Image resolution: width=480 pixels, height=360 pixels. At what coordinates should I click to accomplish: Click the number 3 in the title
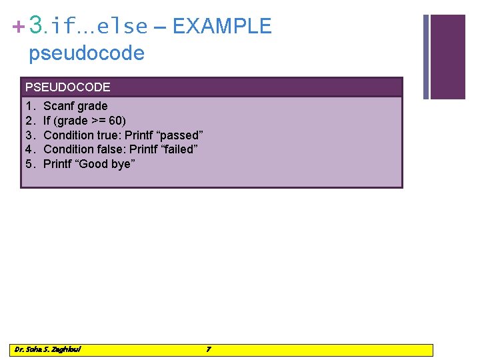point(37,25)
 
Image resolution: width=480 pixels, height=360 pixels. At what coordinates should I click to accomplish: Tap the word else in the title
point(122,27)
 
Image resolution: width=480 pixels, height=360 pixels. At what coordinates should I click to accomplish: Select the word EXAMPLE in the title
point(222,26)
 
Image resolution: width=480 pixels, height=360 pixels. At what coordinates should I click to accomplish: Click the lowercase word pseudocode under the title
point(86,53)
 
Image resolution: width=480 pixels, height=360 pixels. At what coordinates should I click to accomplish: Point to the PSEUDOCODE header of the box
point(67,87)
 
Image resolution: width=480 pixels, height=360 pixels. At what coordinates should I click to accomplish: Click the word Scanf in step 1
point(59,106)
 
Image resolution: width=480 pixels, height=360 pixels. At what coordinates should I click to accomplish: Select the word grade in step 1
point(93,106)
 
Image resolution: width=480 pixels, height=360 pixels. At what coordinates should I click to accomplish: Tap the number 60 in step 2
point(115,121)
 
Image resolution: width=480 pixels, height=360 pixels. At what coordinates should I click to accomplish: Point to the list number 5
point(29,165)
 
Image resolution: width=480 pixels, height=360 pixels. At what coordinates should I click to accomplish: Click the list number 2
point(29,121)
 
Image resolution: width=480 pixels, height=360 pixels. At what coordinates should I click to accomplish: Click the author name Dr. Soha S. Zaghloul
point(47,349)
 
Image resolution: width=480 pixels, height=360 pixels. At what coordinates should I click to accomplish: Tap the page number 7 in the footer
point(209,349)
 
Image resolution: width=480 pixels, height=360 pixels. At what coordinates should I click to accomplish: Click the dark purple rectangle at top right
point(447,57)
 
